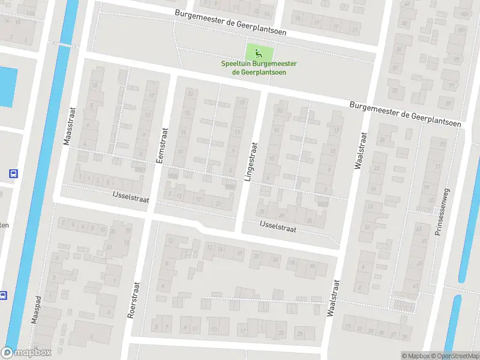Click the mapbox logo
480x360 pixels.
coord(26,353)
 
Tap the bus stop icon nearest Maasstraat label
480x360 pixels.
coord(13,174)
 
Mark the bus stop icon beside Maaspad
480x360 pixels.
coord(3,295)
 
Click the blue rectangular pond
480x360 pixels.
coord(6,87)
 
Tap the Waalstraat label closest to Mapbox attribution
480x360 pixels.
coord(332,298)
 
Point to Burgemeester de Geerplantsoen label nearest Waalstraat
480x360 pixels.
coord(406,114)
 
